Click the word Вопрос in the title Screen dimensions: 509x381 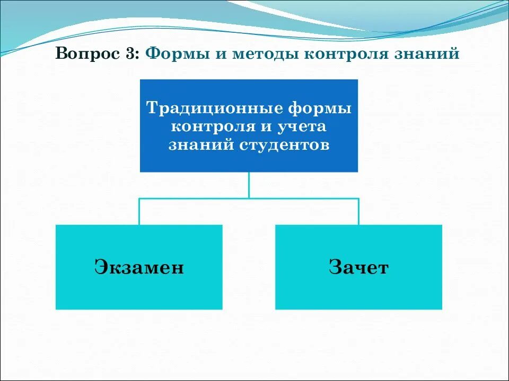88,55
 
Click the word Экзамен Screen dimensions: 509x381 139,267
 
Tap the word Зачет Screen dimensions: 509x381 358,267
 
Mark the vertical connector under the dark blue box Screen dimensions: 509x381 249,185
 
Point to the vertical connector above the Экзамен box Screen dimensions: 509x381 139,212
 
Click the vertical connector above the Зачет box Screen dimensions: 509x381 358,212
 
